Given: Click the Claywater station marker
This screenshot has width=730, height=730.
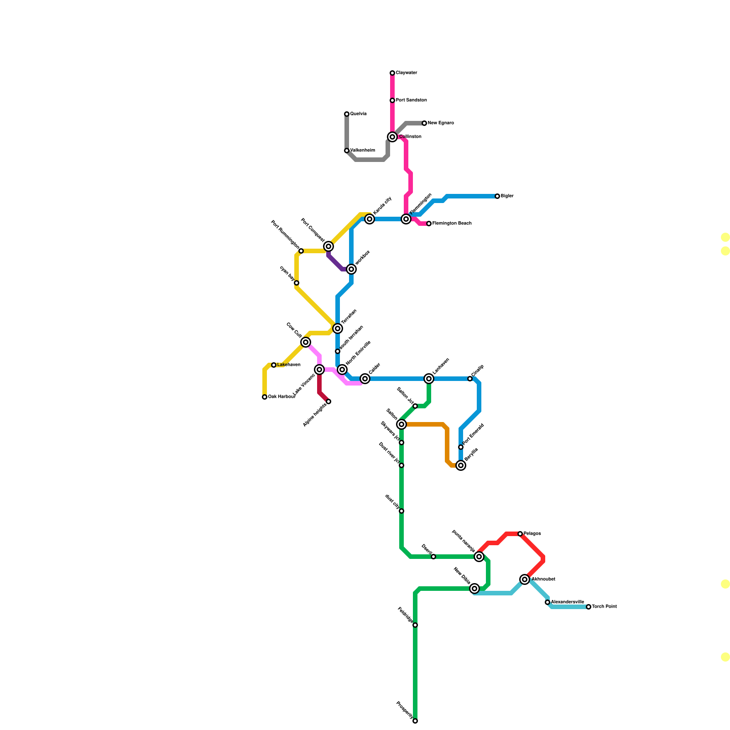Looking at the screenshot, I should tap(392, 73).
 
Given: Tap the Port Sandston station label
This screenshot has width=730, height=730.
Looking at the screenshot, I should tap(411, 100).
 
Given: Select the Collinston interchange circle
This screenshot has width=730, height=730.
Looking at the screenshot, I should tap(392, 137).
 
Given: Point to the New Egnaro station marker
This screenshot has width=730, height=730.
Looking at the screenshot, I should tap(424, 123).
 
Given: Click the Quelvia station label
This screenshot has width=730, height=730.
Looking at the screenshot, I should tap(358, 114).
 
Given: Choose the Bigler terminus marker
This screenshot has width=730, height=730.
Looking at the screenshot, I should tap(497, 196).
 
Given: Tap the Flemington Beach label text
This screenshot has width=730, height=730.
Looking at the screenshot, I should tap(452, 224).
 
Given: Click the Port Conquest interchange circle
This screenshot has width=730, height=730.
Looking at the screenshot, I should tap(328, 246).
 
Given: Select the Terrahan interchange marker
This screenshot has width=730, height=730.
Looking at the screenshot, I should tap(338, 328).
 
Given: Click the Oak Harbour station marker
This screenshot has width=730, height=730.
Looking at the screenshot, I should tap(265, 397).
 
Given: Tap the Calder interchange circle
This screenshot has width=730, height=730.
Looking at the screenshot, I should tap(365, 379).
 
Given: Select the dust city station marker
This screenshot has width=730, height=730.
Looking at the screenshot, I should tap(401, 511).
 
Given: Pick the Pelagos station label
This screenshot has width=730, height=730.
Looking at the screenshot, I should tap(532, 534).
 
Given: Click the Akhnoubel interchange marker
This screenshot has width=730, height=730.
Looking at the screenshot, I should tap(525, 579).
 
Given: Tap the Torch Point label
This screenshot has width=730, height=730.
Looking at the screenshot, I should tap(604, 607).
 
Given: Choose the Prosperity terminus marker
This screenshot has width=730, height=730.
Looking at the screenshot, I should tap(415, 721).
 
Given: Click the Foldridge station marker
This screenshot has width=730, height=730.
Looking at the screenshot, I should tap(415, 625).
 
